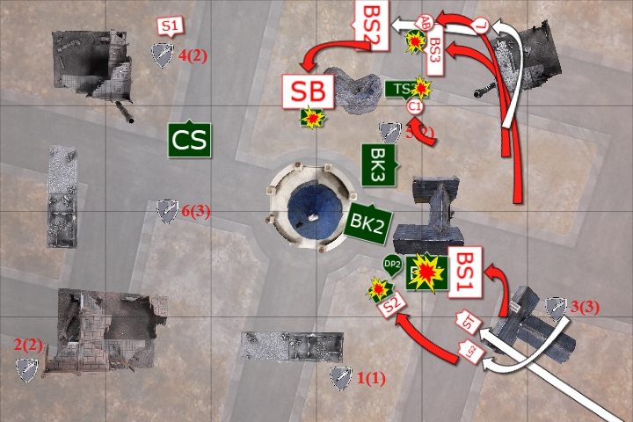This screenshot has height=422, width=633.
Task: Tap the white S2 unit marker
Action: coord(393,304)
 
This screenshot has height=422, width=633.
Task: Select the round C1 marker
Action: coord(416,106)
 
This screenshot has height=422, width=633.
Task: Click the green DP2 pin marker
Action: coord(392,263)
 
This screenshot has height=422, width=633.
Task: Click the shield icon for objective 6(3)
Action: coord(166,209)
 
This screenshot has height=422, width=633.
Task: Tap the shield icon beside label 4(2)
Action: coord(162,55)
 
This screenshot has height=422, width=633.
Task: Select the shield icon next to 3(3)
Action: coord(556,306)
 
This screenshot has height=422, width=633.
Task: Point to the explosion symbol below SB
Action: coord(311,118)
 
